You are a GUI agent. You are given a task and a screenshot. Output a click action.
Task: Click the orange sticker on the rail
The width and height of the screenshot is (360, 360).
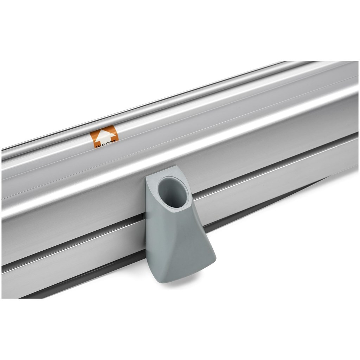104,137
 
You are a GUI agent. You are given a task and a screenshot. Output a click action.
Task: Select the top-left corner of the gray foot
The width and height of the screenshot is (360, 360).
147,179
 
